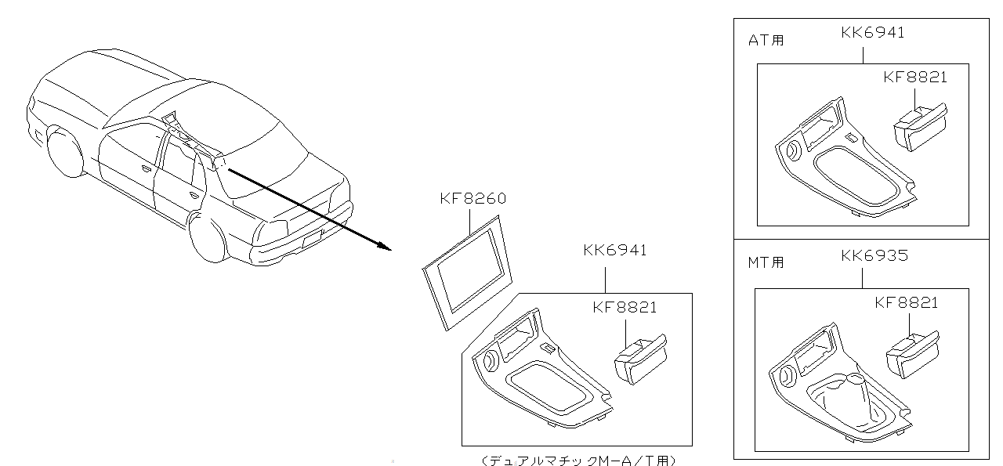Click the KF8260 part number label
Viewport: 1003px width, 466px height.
pos(473,198)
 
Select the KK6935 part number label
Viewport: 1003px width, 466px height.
pos(874,255)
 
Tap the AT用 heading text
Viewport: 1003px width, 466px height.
pos(766,40)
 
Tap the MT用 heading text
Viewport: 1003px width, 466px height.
pos(766,262)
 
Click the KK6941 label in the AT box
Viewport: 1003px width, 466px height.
pos(873,33)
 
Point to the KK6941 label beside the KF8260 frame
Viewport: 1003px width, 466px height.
pos(615,251)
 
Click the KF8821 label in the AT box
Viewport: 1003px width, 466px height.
pos(915,78)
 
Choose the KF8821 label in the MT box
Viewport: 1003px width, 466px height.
pos(907,303)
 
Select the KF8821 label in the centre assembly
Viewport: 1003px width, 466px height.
pos(625,308)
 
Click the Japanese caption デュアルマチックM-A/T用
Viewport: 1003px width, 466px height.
pos(578,461)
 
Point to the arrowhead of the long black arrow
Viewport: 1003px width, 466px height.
pos(391,250)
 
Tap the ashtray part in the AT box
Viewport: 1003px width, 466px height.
pos(921,127)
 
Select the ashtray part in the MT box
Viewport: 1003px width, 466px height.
pos(913,355)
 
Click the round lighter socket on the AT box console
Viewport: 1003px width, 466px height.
pos(793,151)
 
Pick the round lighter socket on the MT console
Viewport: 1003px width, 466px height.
pos(787,377)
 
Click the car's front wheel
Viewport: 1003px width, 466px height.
pos(64,151)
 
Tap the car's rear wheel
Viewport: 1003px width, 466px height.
pos(208,237)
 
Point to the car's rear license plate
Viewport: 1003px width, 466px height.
pos(313,239)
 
